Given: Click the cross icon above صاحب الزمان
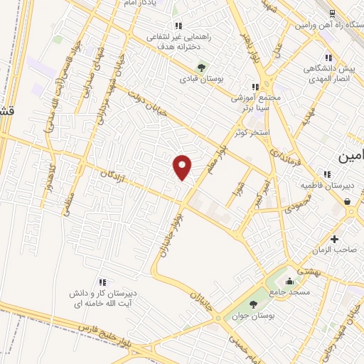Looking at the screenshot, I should pos(335,238).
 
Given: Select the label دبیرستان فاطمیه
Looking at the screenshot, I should pos(333,186).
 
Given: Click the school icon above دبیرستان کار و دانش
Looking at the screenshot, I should pos(102,282).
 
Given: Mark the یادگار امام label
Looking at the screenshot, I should pos(150,3).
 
